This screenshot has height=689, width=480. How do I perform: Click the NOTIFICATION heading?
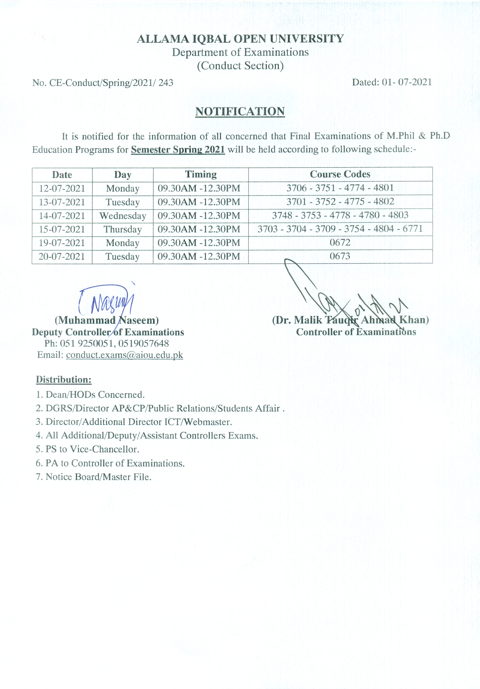240,112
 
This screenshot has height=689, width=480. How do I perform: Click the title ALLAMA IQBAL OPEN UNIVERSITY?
240,39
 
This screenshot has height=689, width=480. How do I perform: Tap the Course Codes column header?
340,174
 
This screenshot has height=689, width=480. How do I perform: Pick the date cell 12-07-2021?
62,189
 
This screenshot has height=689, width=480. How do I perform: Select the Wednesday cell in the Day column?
123,216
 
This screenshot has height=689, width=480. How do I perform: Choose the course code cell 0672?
340,243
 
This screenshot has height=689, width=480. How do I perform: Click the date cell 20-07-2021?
62,257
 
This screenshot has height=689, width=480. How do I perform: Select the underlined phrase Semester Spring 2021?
178,149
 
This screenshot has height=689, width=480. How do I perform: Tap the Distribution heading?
64,380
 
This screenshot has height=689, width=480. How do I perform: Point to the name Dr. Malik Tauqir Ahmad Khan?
350,320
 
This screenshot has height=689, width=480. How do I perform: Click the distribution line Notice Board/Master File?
93,477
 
